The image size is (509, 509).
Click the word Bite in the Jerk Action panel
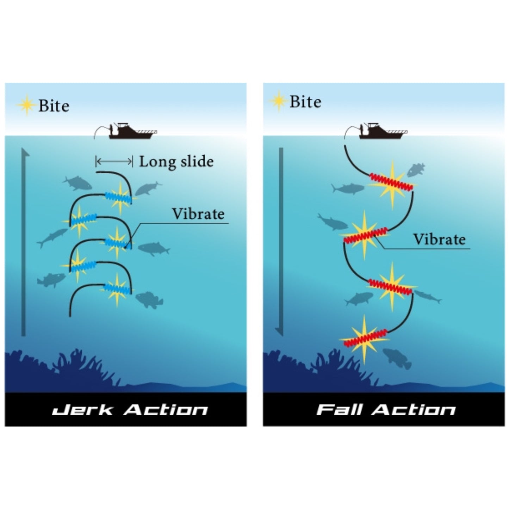(x=54, y=106)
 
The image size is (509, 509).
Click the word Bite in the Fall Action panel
(x=305, y=102)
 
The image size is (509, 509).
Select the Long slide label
(x=176, y=162)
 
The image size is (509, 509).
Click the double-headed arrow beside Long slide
(x=114, y=162)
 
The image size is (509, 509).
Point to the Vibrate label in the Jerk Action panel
(x=198, y=214)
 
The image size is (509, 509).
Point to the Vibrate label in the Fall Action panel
(x=439, y=240)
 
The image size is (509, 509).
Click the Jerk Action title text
(x=130, y=410)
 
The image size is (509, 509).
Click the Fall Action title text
(x=386, y=410)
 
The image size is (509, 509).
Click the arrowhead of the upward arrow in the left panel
(x=24, y=152)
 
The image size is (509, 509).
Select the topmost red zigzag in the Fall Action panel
(x=391, y=182)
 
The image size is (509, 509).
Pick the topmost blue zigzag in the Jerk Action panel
(x=119, y=198)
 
